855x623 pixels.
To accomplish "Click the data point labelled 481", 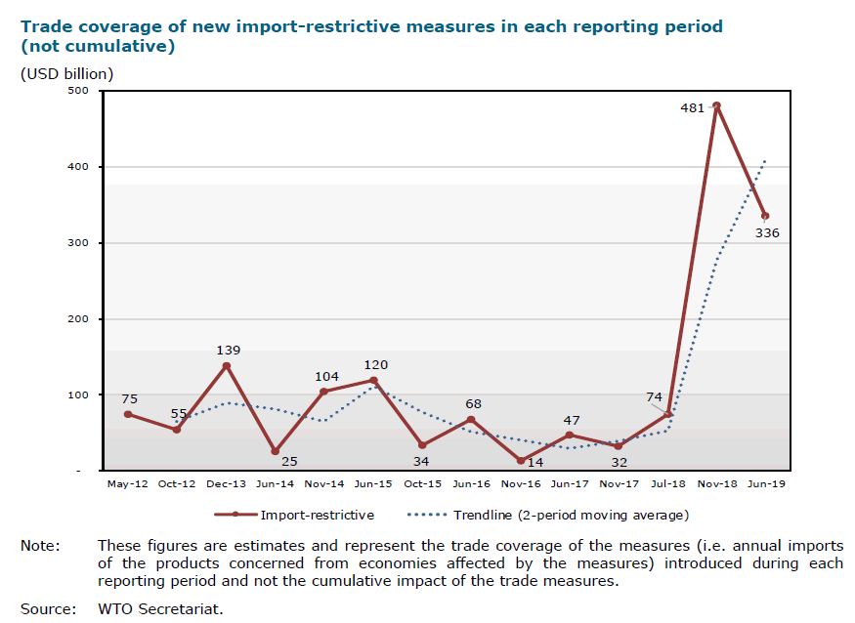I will [x=716, y=105].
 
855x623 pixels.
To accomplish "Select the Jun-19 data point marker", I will [x=765, y=216].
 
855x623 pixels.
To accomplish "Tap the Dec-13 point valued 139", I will [x=227, y=365].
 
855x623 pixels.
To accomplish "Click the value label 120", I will [x=375, y=365].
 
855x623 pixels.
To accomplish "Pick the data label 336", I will [x=767, y=232].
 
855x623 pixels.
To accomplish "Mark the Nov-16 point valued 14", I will [x=520, y=461].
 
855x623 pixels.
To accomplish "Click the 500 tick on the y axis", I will [x=78, y=91].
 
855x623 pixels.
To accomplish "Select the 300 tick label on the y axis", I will [x=78, y=243].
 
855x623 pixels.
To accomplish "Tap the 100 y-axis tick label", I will [x=78, y=395].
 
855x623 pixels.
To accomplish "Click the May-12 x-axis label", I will [x=128, y=483].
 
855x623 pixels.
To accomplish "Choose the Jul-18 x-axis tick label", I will [x=667, y=483].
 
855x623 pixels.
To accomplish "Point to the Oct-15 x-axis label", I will [x=422, y=483].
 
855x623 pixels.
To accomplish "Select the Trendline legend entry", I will [x=571, y=515].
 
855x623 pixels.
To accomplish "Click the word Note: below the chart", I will [x=40, y=545].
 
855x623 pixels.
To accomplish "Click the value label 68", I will [x=474, y=404].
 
